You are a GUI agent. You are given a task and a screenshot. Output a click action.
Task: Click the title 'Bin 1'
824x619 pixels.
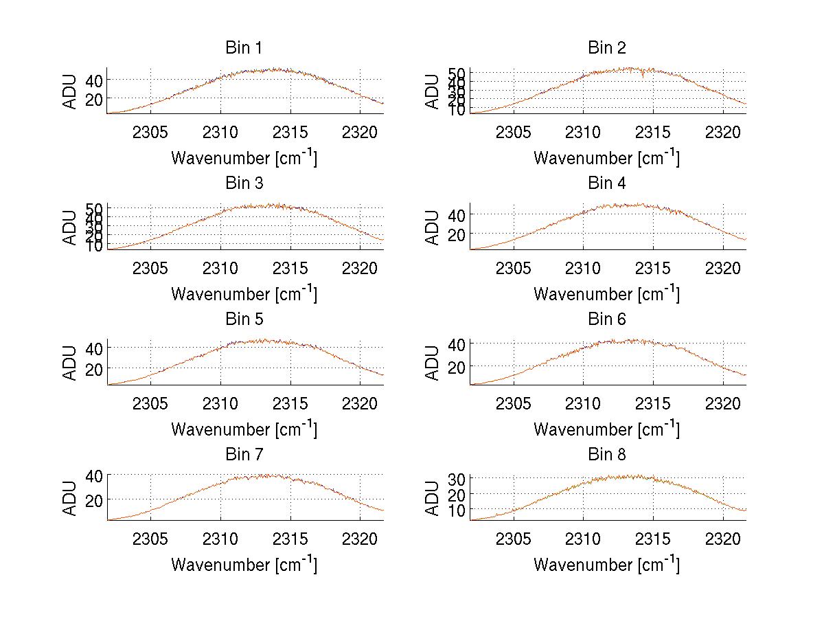pyautogui.click(x=244, y=48)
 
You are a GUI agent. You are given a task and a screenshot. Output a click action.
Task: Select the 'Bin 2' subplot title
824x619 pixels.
pyautogui.click(x=607, y=48)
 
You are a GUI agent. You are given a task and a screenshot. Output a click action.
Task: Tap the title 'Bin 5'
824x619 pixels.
pyautogui.click(x=244, y=319)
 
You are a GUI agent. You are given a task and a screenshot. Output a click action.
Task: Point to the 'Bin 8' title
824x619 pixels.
pyautogui.click(x=607, y=455)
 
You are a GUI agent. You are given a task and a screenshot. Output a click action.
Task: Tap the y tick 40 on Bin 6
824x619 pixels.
pyautogui.click(x=457, y=344)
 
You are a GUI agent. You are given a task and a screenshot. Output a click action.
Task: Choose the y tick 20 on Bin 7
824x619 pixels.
pyautogui.click(x=94, y=499)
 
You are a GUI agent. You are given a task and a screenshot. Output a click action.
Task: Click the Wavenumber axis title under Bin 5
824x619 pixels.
pyautogui.click(x=244, y=429)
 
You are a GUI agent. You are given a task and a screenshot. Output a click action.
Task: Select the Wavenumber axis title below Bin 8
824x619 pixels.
pyautogui.click(x=607, y=564)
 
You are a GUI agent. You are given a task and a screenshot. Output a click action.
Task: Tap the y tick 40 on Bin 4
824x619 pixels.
pyautogui.click(x=457, y=215)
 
